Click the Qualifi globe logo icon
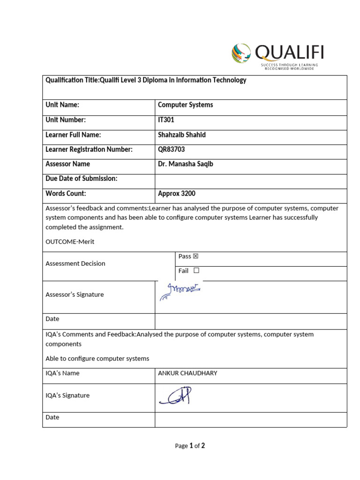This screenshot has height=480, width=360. coord(241,53)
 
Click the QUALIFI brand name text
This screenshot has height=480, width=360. coord(289,52)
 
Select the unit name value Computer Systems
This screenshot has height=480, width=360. coord(185,105)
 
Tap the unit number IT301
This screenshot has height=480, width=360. coord(166,120)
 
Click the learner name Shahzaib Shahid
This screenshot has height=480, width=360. coord(181,135)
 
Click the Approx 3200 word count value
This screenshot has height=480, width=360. coord(176,193)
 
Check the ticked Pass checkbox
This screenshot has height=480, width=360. coord(196,256)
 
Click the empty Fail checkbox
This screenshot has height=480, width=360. coord(196,271)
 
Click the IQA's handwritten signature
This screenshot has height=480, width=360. coord(176,396)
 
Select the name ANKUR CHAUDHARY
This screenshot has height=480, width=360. coord(187,373)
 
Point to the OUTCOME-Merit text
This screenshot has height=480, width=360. coord(70,241)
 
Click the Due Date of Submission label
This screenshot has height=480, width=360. coord(81,179)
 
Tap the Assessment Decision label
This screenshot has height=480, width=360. coord(75,263)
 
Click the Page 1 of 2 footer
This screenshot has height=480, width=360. coord(190,446)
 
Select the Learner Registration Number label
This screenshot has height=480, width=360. coord(89,150)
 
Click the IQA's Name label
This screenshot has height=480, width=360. coord(62,373)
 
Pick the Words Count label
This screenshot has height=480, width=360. coord(66,193)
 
